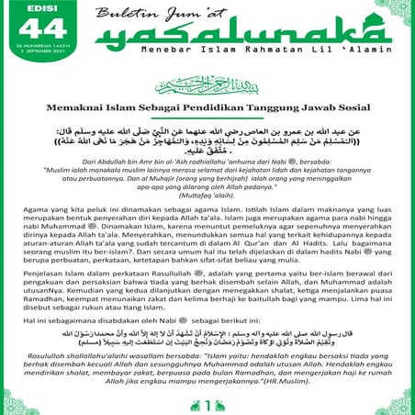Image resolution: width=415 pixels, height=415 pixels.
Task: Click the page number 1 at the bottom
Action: [207, 403]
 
